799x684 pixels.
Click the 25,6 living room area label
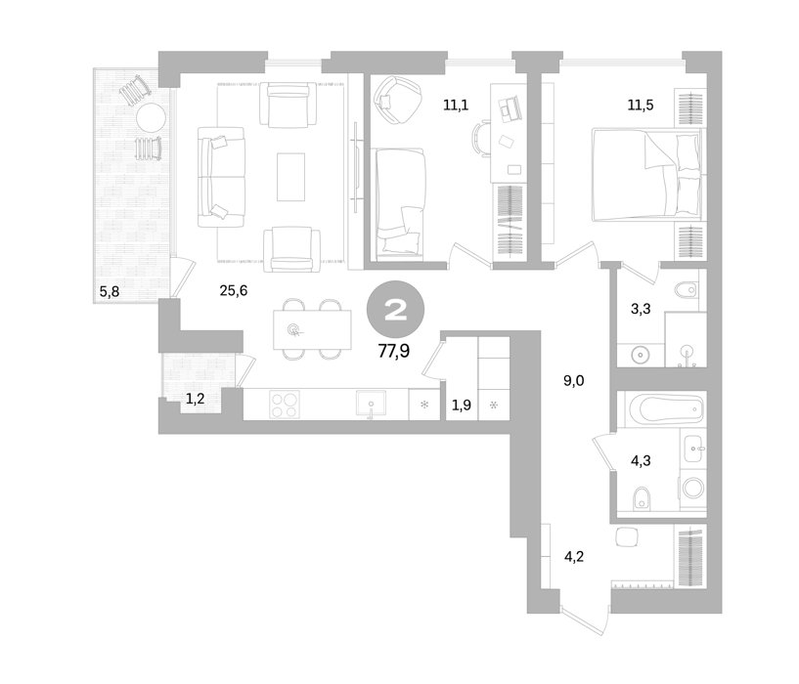pyautogui.click(x=234, y=291)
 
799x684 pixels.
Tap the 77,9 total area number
pyautogui.click(x=394, y=351)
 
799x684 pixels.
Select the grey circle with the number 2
pyautogui.click(x=395, y=309)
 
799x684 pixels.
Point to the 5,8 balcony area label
pyautogui.click(x=110, y=292)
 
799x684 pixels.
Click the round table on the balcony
pyautogui.click(x=151, y=118)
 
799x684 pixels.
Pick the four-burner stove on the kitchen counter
pyautogui.click(x=285, y=405)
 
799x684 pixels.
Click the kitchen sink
pyautogui.click(x=371, y=405)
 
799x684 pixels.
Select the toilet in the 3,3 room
pyautogui.click(x=686, y=290)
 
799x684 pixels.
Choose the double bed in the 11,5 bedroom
pyautogui.click(x=647, y=174)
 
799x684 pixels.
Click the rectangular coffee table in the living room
pyautogui.click(x=291, y=177)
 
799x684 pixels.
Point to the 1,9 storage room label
pyautogui.click(x=462, y=406)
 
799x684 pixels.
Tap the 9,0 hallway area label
pyautogui.click(x=573, y=381)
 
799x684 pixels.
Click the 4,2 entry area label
pyautogui.click(x=573, y=557)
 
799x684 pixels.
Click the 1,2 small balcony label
pyautogui.click(x=195, y=399)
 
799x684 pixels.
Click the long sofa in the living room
pyautogui.click(x=221, y=177)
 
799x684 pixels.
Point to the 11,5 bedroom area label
pyautogui.click(x=641, y=106)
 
